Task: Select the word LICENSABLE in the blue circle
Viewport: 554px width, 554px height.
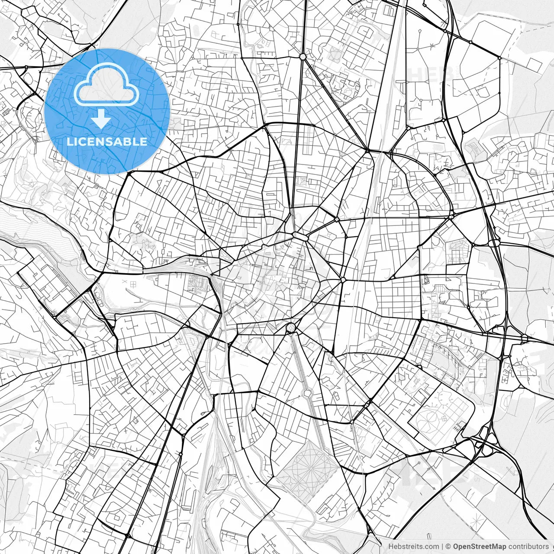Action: [x=106, y=142]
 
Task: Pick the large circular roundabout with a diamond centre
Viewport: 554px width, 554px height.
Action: [x=290, y=327]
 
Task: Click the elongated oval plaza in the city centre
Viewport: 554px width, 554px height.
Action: [x=299, y=235]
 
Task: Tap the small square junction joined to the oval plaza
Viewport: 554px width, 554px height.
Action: [x=336, y=220]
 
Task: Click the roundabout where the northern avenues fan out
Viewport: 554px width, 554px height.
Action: [x=303, y=57]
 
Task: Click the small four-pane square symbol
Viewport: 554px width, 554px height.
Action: [x=132, y=283]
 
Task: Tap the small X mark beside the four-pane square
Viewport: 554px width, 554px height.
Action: [x=124, y=282]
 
